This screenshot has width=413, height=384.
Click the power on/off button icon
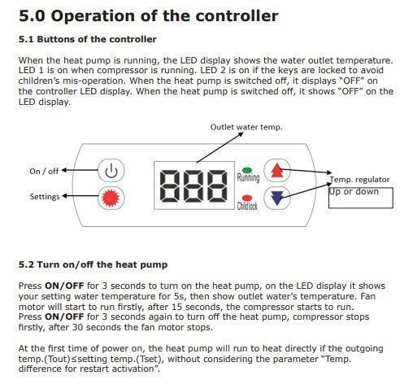(x=111, y=171)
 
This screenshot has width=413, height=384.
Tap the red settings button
(x=111, y=198)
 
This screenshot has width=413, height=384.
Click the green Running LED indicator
(x=247, y=170)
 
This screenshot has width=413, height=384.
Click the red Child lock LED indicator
(x=247, y=198)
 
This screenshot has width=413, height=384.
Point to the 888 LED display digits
(x=193, y=186)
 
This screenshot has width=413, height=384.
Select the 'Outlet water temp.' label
(x=246, y=127)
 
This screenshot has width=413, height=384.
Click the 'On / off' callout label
(x=44, y=171)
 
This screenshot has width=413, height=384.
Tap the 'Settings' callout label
(x=45, y=197)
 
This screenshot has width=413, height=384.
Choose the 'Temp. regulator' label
(x=359, y=180)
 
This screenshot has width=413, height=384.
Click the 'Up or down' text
(x=354, y=191)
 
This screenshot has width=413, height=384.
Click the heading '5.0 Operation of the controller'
(x=149, y=16)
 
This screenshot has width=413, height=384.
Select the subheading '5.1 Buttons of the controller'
(x=88, y=39)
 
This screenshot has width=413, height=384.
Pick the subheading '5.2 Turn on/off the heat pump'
(x=93, y=264)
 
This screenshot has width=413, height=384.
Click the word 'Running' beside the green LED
(x=248, y=177)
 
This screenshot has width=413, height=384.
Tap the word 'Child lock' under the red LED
(x=247, y=206)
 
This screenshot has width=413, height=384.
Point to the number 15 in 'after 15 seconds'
(x=176, y=307)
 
